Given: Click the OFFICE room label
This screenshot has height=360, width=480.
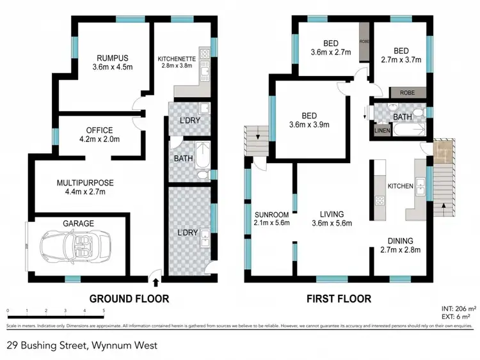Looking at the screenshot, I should [95, 130].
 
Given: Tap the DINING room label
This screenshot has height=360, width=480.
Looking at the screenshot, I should [404, 241].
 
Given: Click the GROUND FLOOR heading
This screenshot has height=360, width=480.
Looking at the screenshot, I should [129, 299].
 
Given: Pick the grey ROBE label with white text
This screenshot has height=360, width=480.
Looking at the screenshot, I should [407, 93].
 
